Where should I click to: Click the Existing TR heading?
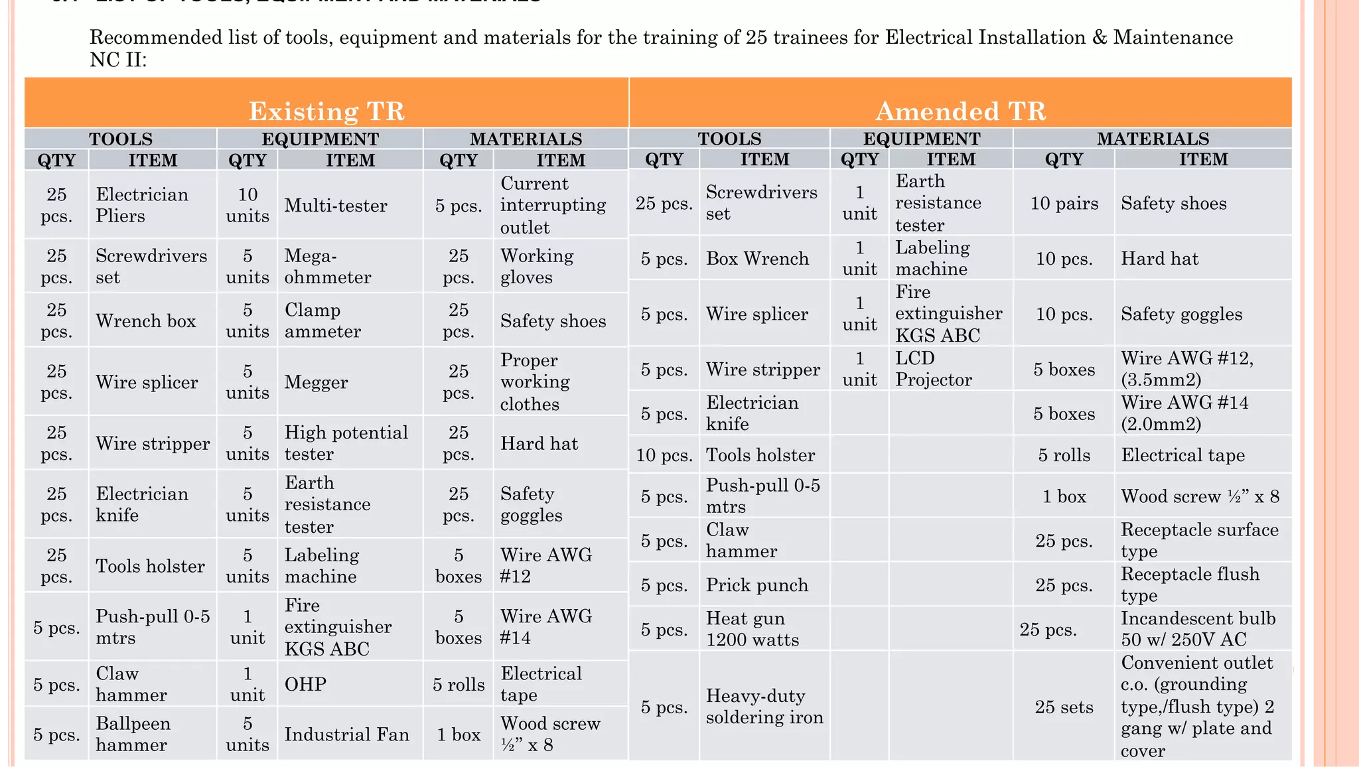click(326, 111)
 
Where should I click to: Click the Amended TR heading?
click(960, 111)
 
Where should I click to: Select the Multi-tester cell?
click(336, 206)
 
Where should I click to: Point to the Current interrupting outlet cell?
click(553, 206)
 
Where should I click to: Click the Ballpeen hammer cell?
click(133, 734)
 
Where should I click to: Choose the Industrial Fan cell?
click(346, 734)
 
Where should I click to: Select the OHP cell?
click(305, 684)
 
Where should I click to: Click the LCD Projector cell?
click(933, 369)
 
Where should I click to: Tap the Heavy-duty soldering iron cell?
click(764, 707)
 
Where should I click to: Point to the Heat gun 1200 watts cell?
click(752, 629)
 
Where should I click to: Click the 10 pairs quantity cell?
click(1064, 204)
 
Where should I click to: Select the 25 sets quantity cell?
click(1064, 707)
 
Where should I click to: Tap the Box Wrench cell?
click(757, 259)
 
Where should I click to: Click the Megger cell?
click(316, 383)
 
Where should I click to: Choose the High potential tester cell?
click(346, 443)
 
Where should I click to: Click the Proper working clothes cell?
click(535, 382)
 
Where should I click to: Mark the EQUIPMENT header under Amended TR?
click(921, 139)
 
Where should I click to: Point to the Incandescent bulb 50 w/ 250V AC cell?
click(1198, 629)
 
